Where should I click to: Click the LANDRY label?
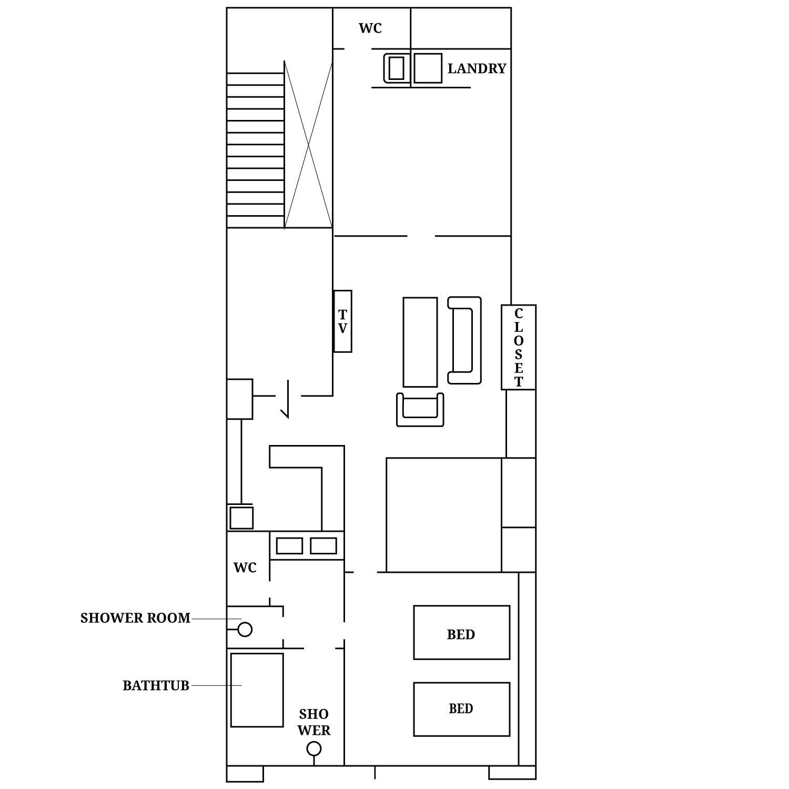coord(477,68)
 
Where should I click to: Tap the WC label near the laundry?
coord(370,28)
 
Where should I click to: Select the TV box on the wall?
coord(342,321)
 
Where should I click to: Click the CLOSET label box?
coord(519,347)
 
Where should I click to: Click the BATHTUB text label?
coord(156,685)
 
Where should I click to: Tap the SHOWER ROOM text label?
coord(135,618)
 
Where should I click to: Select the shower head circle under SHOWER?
coord(314,748)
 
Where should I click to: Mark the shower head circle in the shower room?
coord(245,629)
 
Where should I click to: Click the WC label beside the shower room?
coord(245,568)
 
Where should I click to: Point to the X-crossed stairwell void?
coord(308,145)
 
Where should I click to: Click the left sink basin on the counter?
coord(289,546)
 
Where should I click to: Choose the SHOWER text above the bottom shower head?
coord(314,722)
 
